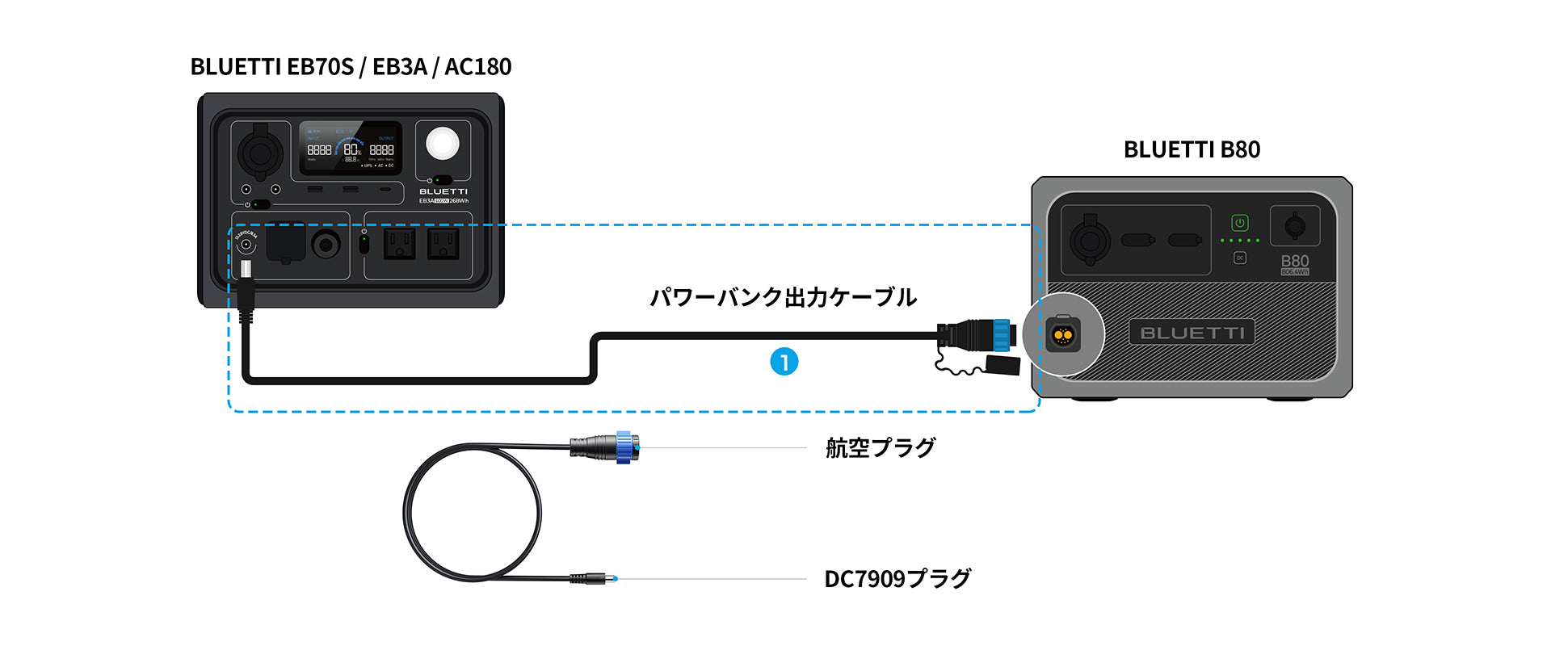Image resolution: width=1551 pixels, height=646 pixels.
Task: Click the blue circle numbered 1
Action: pos(784,362)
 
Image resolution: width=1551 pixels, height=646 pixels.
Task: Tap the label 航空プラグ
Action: pos(881,447)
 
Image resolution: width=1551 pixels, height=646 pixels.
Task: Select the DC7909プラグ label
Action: pos(897,579)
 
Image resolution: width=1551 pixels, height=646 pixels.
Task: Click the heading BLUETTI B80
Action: pos(1192,149)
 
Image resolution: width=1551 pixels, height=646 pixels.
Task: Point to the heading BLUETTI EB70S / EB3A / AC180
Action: pos(351,66)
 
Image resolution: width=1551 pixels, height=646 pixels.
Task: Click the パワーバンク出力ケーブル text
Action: pos(783,297)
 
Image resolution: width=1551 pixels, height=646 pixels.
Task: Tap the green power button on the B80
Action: pos(1240,223)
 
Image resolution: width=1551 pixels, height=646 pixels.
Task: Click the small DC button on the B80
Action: pos(1240,258)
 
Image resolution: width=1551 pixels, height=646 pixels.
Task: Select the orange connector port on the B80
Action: pos(1063,333)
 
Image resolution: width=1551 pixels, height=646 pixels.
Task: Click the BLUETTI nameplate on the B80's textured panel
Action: pos(1192,333)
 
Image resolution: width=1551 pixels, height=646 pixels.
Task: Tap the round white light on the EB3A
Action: pos(443,145)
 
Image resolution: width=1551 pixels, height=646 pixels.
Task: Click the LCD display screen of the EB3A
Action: pos(351,149)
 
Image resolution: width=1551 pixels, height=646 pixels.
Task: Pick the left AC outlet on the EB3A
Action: pos(399,242)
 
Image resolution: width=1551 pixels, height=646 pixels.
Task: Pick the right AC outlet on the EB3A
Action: pos(443,242)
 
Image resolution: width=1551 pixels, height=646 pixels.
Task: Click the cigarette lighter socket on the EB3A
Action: pos(260,151)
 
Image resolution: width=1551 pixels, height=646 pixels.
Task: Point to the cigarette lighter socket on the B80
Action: pos(1090,239)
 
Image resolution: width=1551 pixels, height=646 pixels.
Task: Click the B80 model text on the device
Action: pos(1294,261)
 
